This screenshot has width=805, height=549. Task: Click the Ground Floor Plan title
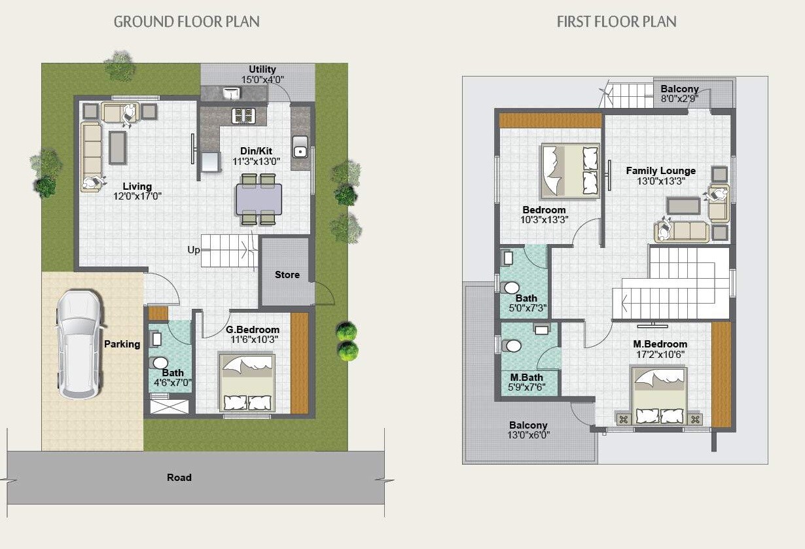click(187, 22)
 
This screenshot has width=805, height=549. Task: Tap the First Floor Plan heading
click(616, 22)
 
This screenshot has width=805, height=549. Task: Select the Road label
click(179, 478)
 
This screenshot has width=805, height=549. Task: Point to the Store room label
click(287, 274)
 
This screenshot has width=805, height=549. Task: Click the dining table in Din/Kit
click(259, 199)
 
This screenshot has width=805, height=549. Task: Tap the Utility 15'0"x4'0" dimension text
click(262, 79)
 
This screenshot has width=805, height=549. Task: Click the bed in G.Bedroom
click(247, 383)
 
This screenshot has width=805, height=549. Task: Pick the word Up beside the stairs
click(194, 250)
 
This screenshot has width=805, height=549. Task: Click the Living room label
click(137, 186)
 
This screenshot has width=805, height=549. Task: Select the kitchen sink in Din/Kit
click(300, 148)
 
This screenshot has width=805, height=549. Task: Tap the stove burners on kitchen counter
click(243, 116)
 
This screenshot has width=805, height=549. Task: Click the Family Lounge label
click(660, 171)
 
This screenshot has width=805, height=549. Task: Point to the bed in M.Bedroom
click(659, 396)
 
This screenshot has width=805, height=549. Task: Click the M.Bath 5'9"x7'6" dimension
click(526, 387)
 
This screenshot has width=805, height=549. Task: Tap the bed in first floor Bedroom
click(569, 171)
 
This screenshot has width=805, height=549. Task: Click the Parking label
click(122, 344)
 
